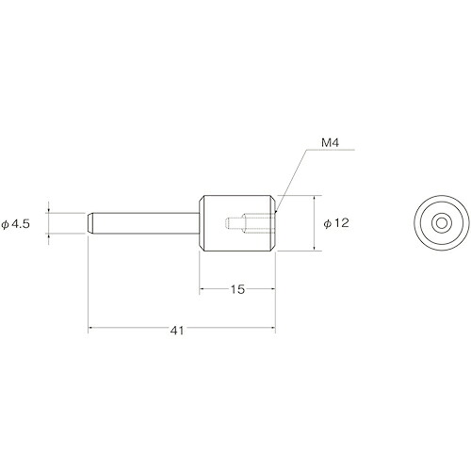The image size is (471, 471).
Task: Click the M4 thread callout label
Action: (330, 143)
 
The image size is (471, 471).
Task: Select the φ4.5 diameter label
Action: (16, 224)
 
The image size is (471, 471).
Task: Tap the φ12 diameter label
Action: (336, 223)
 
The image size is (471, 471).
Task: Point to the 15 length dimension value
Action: (237, 289)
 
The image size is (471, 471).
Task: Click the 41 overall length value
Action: (177, 331)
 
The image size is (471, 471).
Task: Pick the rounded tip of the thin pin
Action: (89, 223)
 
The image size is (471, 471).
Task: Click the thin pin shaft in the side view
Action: (143, 223)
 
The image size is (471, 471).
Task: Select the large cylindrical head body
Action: (237, 223)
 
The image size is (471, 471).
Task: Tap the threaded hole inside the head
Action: (251, 223)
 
